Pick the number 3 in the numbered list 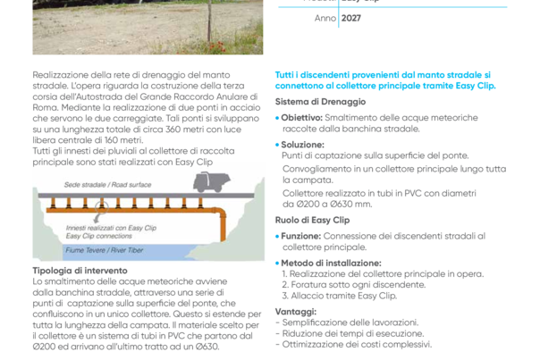pos(283,293)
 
